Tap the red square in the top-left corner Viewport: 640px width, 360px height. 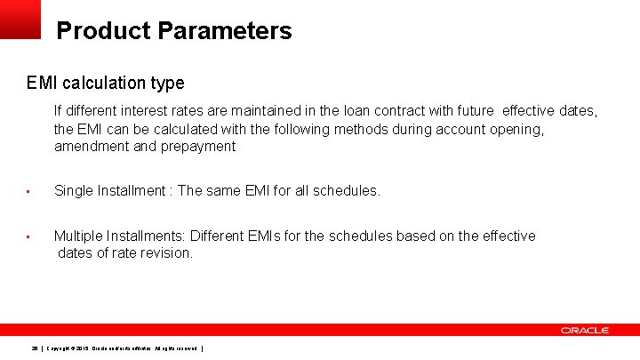(20, 19)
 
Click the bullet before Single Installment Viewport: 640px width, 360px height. (28, 191)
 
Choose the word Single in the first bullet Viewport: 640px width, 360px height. (74, 190)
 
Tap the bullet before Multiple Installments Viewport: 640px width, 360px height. (28, 236)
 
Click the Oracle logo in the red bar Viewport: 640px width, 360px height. (584, 330)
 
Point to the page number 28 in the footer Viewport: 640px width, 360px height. (35, 348)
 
